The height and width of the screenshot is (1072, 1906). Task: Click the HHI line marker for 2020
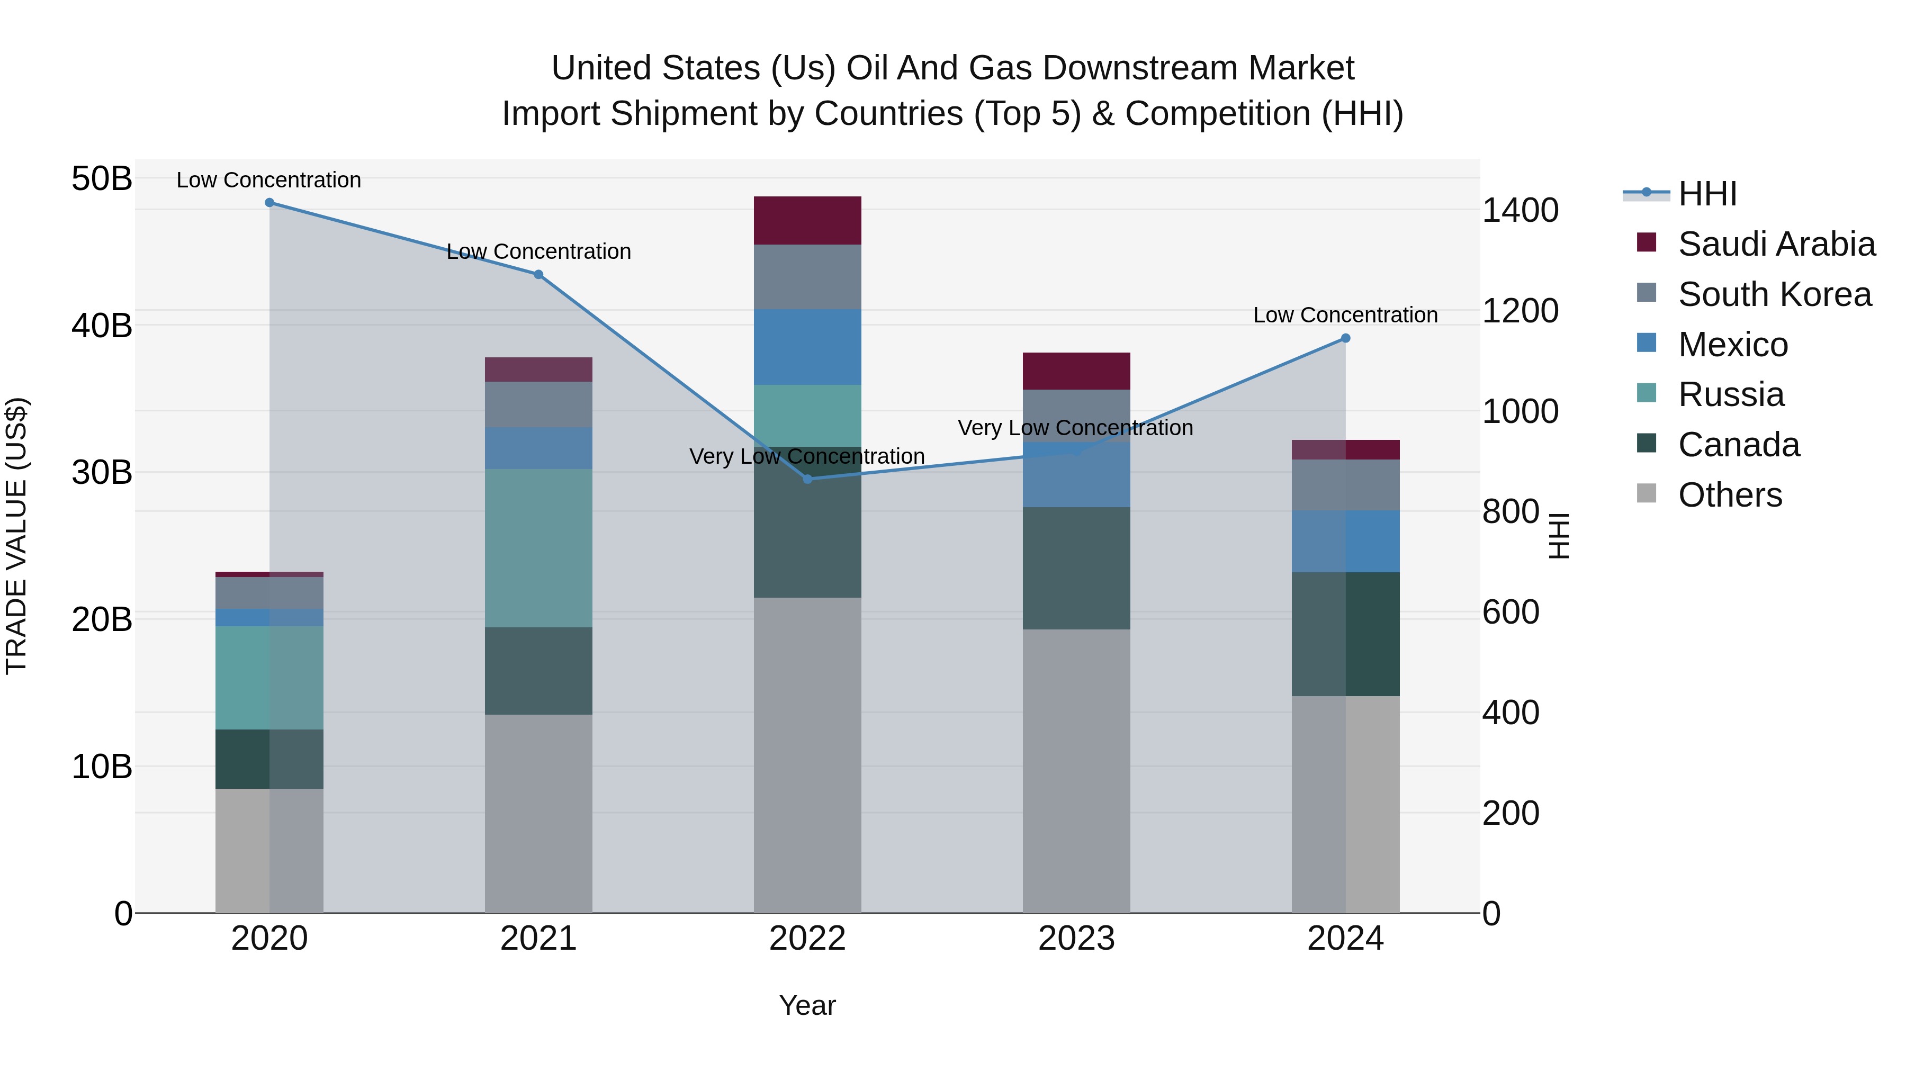[x=269, y=203]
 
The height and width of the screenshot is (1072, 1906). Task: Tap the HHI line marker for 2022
[x=807, y=480]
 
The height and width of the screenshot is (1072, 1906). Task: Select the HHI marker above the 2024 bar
[x=1345, y=338]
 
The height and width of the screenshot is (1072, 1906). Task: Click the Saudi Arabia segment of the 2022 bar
[x=807, y=220]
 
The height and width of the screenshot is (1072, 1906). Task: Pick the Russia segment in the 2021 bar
[x=538, y=548]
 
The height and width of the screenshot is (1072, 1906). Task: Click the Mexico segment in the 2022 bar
[x=807, y=347]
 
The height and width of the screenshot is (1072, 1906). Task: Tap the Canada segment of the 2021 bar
[x=538, y=671]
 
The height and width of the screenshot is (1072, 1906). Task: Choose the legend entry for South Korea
[x=1774, y=294]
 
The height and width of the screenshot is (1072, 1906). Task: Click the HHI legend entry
[x=1707, y=194]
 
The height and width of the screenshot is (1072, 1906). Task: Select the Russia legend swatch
[x=1646, y=393]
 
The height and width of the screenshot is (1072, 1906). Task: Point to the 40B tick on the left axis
[x=102, y=326]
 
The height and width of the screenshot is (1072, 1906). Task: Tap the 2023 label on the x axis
[x=1076, y=939]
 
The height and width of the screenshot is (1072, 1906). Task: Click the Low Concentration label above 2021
[x=538, y=251]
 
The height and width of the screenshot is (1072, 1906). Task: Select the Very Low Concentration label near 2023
[x=1075, y=428]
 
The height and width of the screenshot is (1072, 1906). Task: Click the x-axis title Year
[x=807, y=1005]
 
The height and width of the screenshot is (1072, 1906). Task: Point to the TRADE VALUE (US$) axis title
[x=16, y=536]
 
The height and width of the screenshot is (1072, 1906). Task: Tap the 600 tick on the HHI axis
[x=1510, y=612]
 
